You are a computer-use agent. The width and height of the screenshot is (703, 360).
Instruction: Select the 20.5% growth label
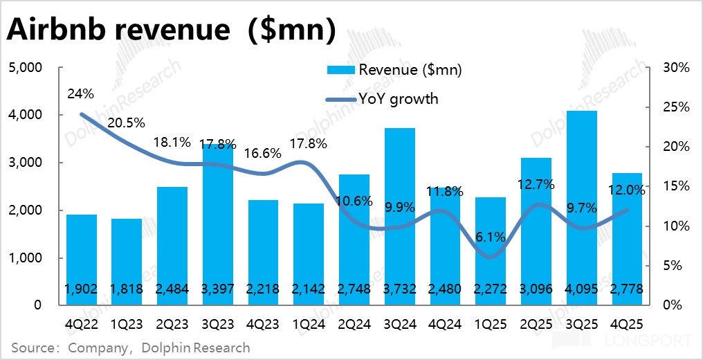coord(127,123)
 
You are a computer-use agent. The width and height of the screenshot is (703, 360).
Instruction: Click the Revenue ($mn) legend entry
coord(394,70)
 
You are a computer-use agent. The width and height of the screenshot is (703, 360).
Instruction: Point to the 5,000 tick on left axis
coord(26,68)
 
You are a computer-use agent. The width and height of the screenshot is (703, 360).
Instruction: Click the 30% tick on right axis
coord(676,68)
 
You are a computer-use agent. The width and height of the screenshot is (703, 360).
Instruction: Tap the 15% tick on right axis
coord(676,186)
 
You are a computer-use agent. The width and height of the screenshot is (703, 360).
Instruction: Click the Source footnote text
coord(130,347)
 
